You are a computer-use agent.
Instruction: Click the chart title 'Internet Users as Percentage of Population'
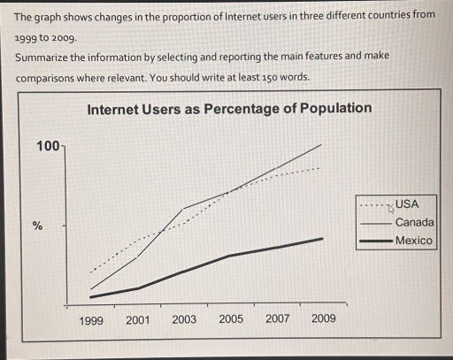229,109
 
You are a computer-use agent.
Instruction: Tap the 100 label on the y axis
46,145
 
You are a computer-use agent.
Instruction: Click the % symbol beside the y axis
37,226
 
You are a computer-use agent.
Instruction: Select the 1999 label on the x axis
91,320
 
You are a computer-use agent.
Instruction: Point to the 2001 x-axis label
137,320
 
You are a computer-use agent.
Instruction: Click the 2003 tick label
184,320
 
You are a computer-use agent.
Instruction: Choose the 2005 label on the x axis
230,319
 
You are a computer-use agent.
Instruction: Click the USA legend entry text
407,204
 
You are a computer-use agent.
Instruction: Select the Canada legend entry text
414,222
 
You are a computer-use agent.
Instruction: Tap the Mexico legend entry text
413,241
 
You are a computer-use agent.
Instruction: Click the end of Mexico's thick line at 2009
322,238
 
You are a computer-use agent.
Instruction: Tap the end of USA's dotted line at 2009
320,167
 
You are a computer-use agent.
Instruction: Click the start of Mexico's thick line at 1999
90,297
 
